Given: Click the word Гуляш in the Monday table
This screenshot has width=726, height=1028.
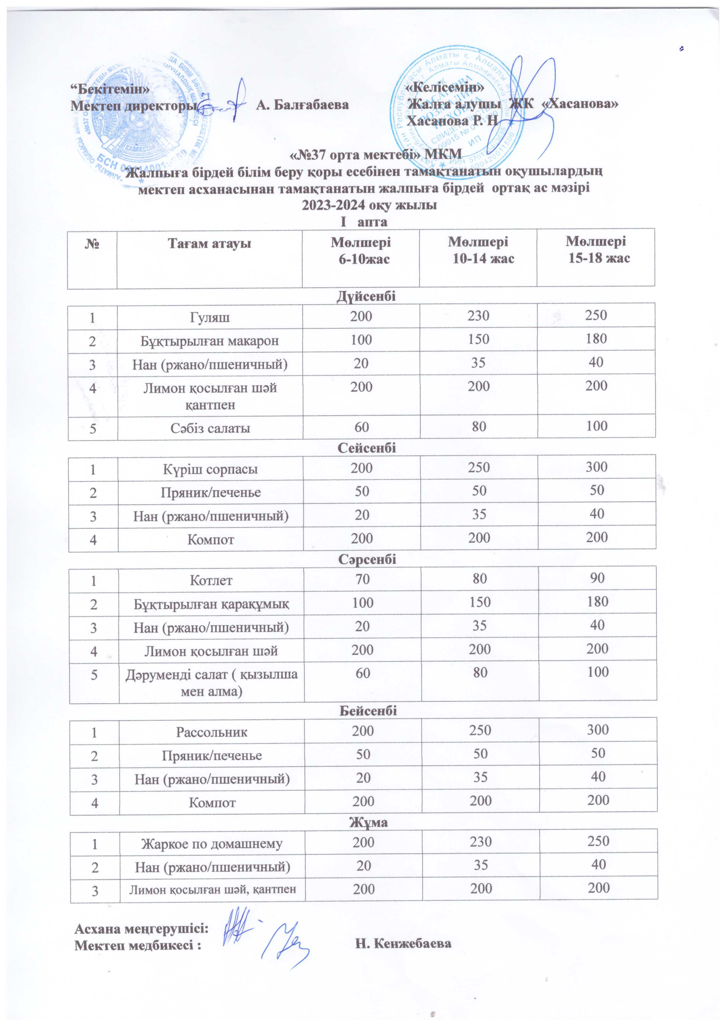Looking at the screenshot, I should (210, 317).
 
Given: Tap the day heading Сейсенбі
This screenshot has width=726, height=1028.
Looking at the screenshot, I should (367, 448).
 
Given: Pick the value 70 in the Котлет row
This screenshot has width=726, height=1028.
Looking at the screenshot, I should (362, 579).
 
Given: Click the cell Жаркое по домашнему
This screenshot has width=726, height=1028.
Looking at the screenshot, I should (212, 844).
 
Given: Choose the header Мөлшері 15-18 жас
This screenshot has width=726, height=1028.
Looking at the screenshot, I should (596, 250).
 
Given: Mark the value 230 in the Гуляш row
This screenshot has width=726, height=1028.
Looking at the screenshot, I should (478, 316).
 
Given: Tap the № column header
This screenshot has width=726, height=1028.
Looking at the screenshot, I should (92, 244).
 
